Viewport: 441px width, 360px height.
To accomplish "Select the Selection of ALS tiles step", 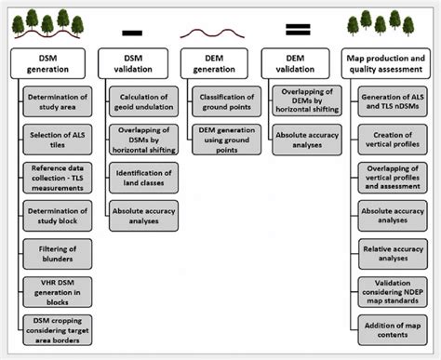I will pyautogui.click(x=58, y=138).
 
